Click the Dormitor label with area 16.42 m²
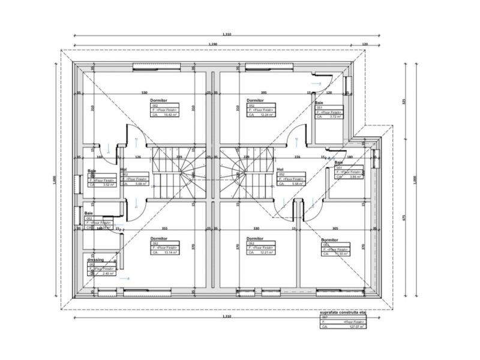(158, 100)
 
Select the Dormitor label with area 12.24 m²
(256, 100)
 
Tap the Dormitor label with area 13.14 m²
(158, 238)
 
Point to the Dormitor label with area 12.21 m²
(256, 238)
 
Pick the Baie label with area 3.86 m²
(339, 163)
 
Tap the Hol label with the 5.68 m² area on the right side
(280, 170)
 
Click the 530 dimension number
(144, 93)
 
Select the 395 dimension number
(263, 93)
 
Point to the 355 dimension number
(163, 229)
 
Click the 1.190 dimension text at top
(213, 44)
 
